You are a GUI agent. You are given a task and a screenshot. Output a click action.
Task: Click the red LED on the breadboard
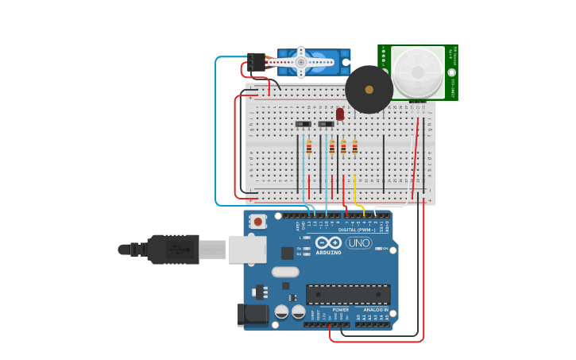point(340,114)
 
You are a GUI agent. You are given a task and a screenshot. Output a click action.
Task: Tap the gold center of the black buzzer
point(369,89)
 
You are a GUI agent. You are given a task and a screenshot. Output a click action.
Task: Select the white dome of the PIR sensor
point(417,72)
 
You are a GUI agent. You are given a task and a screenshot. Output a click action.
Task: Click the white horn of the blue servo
point(301,62)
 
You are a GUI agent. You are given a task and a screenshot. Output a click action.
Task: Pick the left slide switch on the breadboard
point(303,124)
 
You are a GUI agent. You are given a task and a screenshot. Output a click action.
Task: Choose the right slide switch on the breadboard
point(326,124)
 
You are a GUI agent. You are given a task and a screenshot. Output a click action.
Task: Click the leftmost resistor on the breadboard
point(309,146)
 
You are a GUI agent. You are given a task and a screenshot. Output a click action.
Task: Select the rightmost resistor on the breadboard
point(354,146)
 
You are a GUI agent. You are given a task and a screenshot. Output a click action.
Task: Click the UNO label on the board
point(358,243)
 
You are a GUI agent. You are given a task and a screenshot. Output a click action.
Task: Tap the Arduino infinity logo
point(328,242)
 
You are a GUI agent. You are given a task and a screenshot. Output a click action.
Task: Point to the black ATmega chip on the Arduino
point(347,294)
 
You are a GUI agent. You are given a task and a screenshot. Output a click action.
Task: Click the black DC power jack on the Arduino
point(253,314)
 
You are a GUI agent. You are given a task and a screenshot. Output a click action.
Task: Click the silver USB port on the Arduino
point(247,249)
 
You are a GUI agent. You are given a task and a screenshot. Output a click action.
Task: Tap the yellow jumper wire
point(354,191)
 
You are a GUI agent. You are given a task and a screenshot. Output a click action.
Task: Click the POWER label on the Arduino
point(329,310)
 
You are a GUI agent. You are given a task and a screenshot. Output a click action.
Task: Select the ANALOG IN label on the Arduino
point(370,310)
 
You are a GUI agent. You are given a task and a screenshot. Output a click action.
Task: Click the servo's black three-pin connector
point(256,61)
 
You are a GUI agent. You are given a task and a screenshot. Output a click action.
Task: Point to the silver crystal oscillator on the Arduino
point(284,272)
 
